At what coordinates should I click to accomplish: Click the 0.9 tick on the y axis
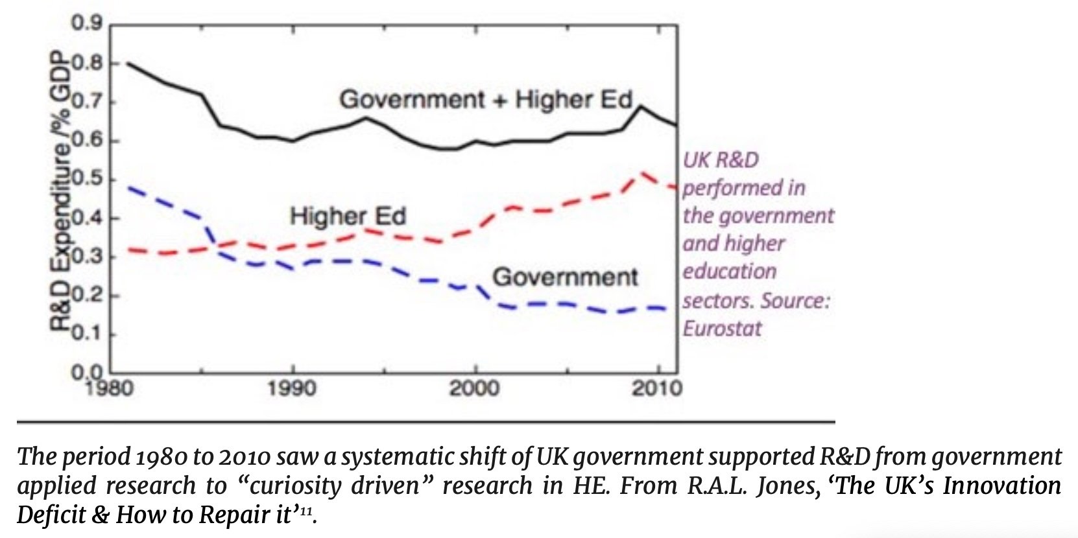pyautogui.click(x=87, y=25)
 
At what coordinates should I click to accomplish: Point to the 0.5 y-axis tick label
pyautogui.click(x=87, y=179)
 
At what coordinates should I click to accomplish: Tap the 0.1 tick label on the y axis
pyautogui.click(x=87, y=334)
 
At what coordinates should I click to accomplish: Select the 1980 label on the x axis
pyautogui.click(x=110, y=388)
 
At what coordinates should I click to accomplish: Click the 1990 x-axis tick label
pyautogui.click(x=293, y=388)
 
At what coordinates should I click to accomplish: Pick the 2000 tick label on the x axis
pyautogui.click(x=475, y=388)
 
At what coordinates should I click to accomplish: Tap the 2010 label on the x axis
pyautogui.click(x=658, y=388)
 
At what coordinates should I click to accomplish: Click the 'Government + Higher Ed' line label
pyautogui.click(x=486, y=100)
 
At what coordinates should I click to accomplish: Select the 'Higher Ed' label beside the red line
pyautogui.click(x=348, y=216)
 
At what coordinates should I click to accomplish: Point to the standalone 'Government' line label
pyautogui.click(x=566, y=277)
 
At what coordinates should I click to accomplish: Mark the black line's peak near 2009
pyautogui.click(x=641, y=106)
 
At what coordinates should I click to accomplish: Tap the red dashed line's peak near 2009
pyautogui.click(x=642, y=172)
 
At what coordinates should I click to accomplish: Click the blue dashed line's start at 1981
pyautogui.click(x=129, y=188)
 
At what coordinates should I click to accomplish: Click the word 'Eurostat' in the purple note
pyautogui.click(x=722, y=329)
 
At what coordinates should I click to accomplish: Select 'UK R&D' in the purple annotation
pyautogui.click(x=721, y=159)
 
